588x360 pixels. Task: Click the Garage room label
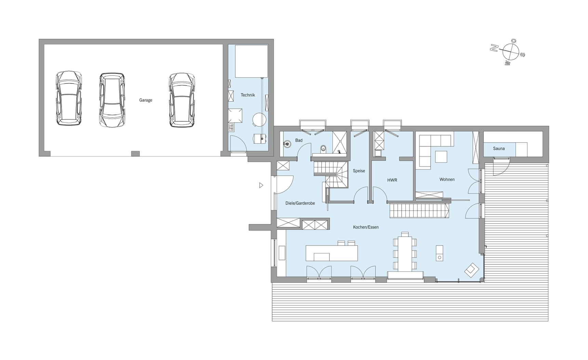click(x=146, y=100)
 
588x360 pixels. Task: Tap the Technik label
click(x=248, y=95)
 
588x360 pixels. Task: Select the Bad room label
click(x=299, y=140)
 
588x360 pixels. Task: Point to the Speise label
click(x=359, y=171)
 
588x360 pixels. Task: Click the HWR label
click(x=392, y=180)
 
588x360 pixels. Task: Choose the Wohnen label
click(x=447, y=179)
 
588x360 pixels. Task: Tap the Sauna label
click(x=499, y=149)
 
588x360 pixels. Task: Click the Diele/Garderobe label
click(x=300, y=203)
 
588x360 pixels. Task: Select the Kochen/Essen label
click(x=366, y=227)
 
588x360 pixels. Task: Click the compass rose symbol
click(x=511, y=52)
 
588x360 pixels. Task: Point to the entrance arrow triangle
click(x=261, y=185)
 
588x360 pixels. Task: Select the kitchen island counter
click(x=332, y=253)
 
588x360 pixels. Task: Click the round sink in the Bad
click(x=288, y=144)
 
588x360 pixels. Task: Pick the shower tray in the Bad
click(x=339, y=143)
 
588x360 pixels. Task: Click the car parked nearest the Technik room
click(x=182, y=100)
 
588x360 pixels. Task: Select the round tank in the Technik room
click(x=259, y=120)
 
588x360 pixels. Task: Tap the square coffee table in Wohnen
click(x=441, y=157)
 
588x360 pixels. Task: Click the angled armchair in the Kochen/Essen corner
click(x=472, y=270)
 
